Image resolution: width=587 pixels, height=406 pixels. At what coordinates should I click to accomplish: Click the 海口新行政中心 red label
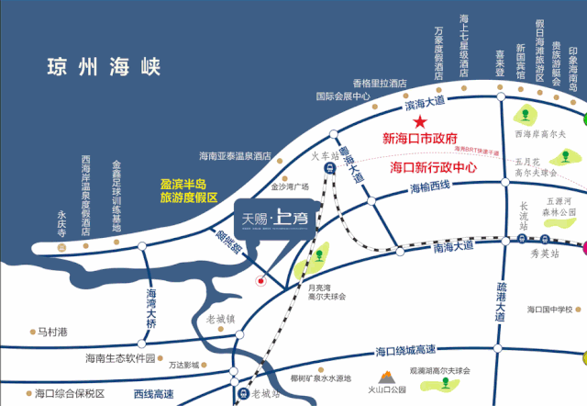click(x=435, y=169)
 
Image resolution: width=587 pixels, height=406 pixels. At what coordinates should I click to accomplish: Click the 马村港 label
click(x=54, y=332)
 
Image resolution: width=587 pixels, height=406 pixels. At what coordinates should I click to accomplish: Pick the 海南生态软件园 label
click(x=120, y=358)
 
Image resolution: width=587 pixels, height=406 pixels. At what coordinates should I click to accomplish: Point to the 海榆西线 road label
click(x=430, y=188)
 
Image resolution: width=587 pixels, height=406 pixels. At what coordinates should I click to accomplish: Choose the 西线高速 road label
click(x=154, y=393)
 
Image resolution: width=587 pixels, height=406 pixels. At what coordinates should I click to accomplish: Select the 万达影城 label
click(x=185, y=365)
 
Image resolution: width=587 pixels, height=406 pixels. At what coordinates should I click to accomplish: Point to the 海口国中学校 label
click(x=557, y=310)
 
